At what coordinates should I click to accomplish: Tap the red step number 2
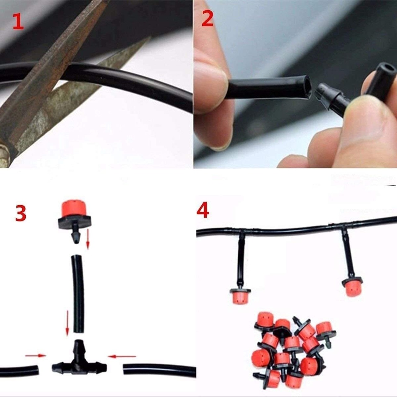(x=207, y=19)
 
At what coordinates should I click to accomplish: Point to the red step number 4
(x=203, y=210)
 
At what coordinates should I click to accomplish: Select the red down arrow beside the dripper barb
(x=88, y=239)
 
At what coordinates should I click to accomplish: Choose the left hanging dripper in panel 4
(x=240, y=296)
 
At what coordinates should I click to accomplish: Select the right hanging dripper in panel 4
(x=352, y=287)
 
